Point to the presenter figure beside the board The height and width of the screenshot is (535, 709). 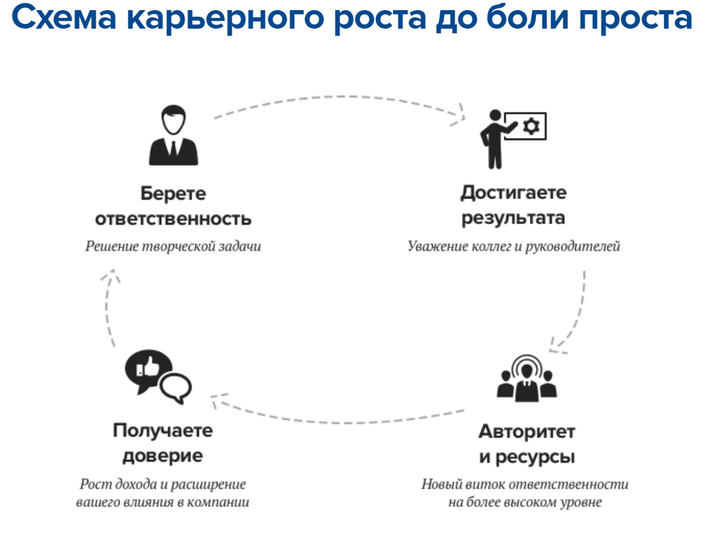(493, 140)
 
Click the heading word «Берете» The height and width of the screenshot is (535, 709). (173, 194)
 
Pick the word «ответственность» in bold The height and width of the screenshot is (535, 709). (173, 219)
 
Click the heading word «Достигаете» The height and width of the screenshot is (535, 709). (513, 193)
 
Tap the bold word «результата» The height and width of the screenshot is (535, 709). (513, 218)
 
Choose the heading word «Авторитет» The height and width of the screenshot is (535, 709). (526, 431)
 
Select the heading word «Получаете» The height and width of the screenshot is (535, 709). (163, 431)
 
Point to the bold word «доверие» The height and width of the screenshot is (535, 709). (163, 457)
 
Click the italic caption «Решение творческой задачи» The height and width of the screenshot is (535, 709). (173, 246)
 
